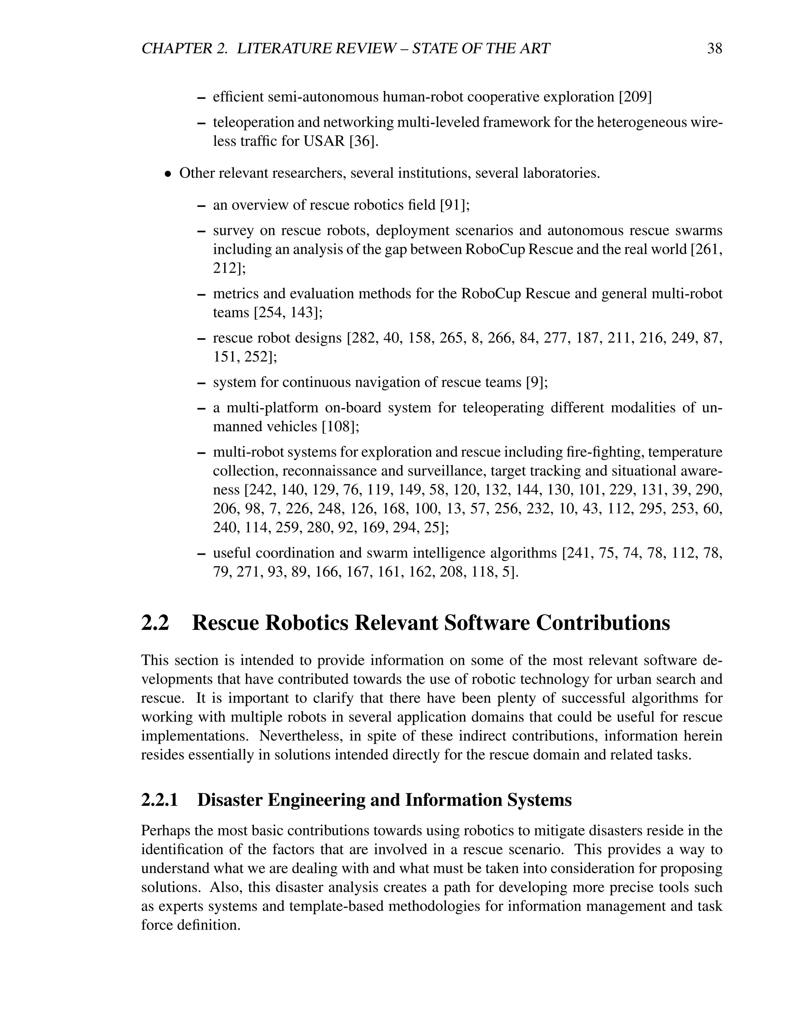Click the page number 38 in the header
(714, 48)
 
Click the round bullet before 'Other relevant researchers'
(167, 174)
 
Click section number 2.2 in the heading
(155, 623)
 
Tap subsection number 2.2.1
(160, 800)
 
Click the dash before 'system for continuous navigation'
(202, 383)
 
